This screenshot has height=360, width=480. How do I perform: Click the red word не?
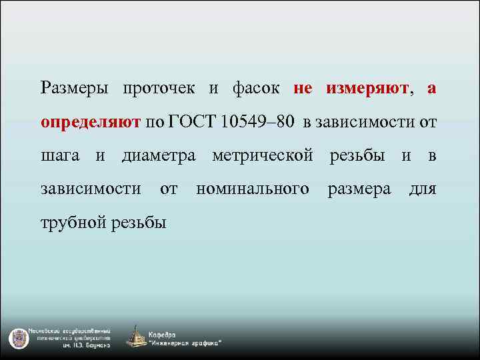click(302, 89)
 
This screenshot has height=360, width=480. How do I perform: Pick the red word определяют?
click(91, 122)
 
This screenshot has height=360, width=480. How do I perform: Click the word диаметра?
click(159, 156)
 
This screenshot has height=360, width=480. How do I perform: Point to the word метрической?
click(263, 156)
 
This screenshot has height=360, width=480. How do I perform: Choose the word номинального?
click(253, 189)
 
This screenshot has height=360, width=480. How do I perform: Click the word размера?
click(359, 189)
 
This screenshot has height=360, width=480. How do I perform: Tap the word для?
click(422, 189)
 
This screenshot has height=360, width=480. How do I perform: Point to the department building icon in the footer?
click(137, 337)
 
